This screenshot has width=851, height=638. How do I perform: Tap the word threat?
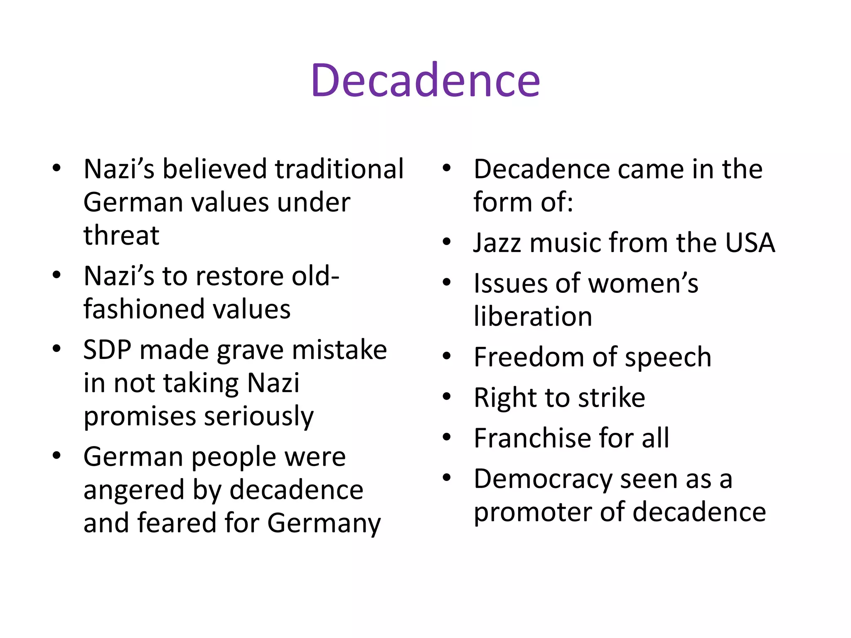point(121,235)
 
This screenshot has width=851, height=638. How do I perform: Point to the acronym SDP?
point(107,350)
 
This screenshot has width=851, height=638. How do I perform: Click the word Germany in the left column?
point(324,523)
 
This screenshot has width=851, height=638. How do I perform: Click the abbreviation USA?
point(750,243)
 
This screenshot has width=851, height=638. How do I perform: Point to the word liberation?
point(533,317)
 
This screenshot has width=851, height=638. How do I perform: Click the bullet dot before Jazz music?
point(447,242)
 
